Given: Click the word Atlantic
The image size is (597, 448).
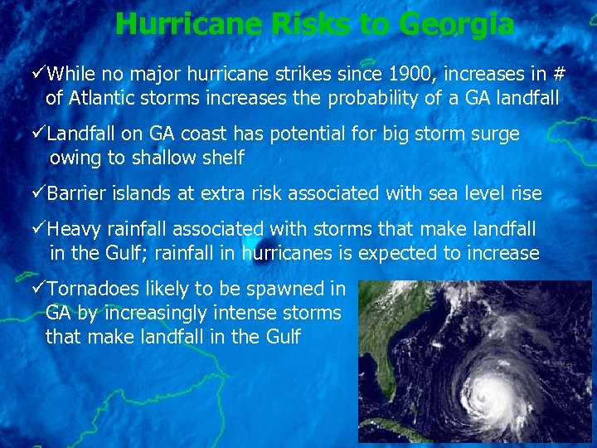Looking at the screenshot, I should point(102,98).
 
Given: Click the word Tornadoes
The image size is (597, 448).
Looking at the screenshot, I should point(95,290).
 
